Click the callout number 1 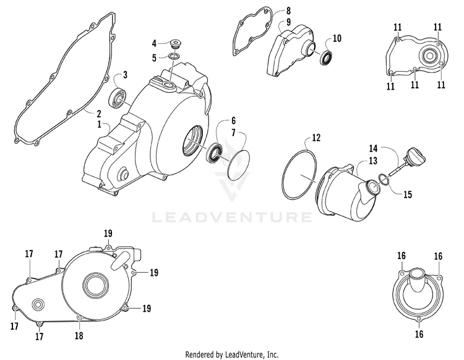pos(100,124)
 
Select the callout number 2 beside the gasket pos(99,114)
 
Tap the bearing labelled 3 pos(118,97)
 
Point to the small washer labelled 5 pos(174,56)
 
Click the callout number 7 pos(233,133)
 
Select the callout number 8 pos(288,11)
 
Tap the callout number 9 pos(288,22)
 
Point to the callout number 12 pos(316,137)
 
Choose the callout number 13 pos(373,161)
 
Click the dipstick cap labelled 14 pos(416,156)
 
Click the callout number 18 pos(79,335)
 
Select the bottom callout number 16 pos(419,334)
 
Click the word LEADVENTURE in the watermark pos(231,217)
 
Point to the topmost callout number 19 pos(108,234)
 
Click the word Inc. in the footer pos(273,354)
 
